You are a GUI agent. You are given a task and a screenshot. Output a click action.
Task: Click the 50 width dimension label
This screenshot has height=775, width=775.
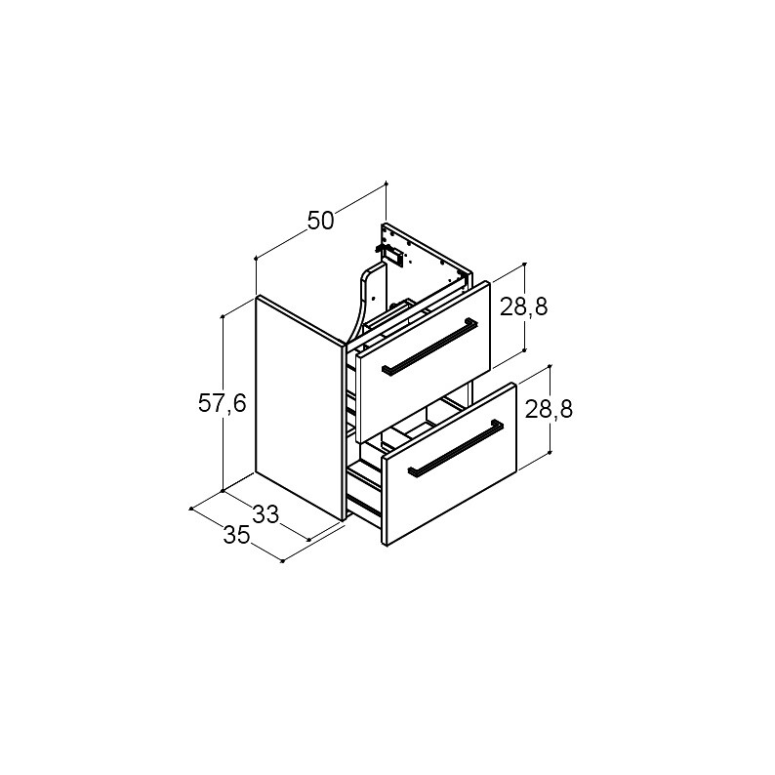click(321, 221)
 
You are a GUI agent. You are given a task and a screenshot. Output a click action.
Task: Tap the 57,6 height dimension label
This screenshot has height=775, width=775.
click(222, 404)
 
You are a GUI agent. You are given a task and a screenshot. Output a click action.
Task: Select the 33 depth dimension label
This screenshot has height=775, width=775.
click(265, 514)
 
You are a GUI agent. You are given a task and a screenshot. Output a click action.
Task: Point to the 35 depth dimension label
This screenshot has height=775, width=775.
click(236, 535)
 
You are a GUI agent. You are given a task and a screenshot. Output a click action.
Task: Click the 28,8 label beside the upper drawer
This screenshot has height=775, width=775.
click(524, 307)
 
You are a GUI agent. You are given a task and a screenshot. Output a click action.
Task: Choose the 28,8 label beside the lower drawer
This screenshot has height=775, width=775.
click(549, 409)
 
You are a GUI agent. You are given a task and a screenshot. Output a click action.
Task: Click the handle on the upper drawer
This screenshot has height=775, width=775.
click(429, 347)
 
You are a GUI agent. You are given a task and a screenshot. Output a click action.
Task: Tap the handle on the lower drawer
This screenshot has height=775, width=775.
click(455, 448)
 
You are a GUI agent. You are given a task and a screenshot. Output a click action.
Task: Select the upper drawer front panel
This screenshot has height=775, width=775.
click(424, 362)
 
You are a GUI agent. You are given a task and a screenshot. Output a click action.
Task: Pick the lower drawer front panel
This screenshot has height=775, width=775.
click(449, 464)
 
